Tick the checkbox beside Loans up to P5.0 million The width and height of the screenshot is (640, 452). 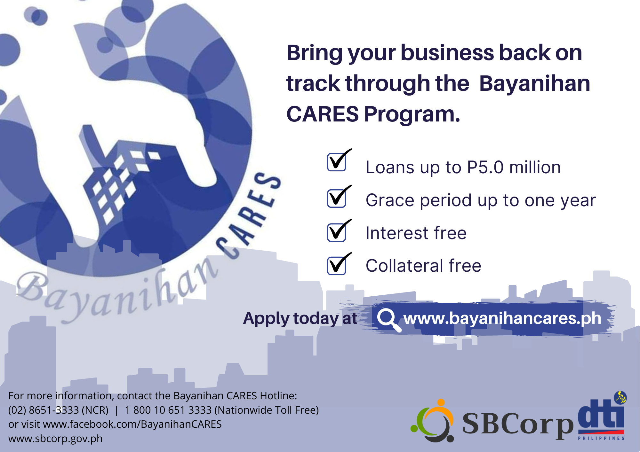pos(337,162)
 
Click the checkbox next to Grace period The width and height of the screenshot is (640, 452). pos(337,198)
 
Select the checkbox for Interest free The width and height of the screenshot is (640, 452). pos(337,232)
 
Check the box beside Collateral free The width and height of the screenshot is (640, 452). pos(337,266)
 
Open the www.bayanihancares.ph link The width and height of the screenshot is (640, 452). pos(502,318)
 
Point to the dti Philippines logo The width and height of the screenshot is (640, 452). pos(602,416)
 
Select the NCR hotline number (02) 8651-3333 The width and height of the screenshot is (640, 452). pos(58,410)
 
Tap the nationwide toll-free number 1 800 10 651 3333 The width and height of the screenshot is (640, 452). pos(168,410)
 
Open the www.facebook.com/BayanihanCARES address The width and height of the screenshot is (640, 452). pos(132,424)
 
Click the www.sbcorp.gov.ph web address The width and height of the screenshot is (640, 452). pos(55,439)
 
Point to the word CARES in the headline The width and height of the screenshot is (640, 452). pos(323,114)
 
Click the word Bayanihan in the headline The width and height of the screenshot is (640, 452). pos(535,83)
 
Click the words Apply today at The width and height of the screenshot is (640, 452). pos(300,319)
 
